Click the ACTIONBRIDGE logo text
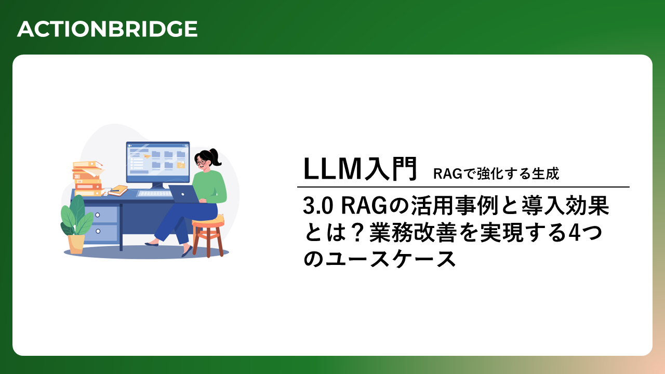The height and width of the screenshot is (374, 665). click(x=107, y=29)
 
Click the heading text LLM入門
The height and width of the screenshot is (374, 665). click(x=360, y=169)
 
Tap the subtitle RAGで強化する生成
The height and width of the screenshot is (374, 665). click(x=496, y=173)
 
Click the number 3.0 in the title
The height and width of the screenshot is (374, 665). click(x=318, y=206)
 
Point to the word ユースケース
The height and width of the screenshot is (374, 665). click(x=391, y=259)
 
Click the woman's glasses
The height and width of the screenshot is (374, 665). click(x=201, y=162)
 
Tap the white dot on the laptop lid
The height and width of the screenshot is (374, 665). click(x=183, y=194)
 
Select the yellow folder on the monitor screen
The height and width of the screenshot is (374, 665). click(x=181, y=165)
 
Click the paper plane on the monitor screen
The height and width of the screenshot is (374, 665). click(x=147, y=156)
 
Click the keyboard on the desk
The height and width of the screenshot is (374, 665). click(x=154, y=194)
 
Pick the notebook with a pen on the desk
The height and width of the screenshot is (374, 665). click(x=118, y=190)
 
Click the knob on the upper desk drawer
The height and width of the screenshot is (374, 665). click(x=97, y=215)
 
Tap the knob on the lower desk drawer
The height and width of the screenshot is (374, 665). click(x=98, y=231)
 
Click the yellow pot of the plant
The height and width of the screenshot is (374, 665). click(x=76, y=244)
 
